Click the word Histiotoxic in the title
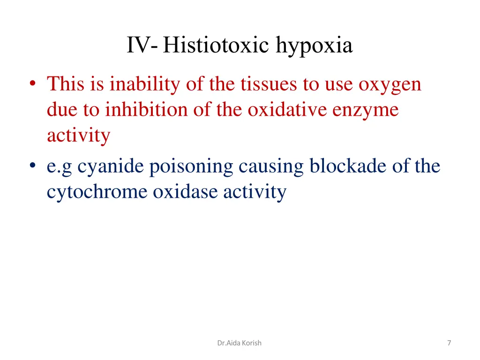pyautogui.click(x=217, y=46)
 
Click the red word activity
pyautogui.click(x=78, y=136)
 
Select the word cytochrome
pyautogui.click(x=97, y=192)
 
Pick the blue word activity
pyautogui.click(x=254, y=193)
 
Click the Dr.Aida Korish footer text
pyautogui.click(x=240, y=343)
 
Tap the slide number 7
pyautogui.click(x=449, y=343)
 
